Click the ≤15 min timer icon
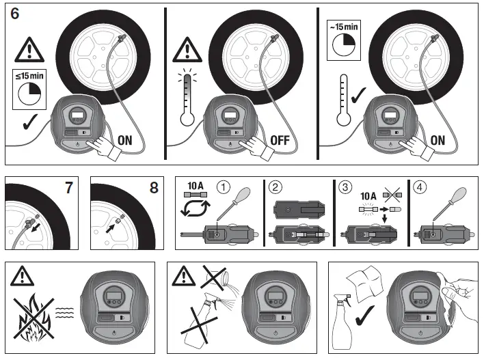click(x=29, y=87)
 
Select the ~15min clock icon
click(x=342, y=41)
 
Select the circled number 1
click(x=223, y=186)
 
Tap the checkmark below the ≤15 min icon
click(x=28, y=124)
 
